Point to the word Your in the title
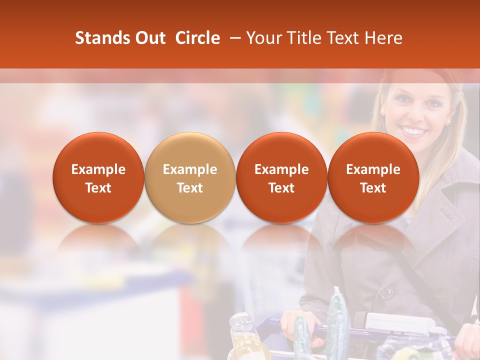point(263,38)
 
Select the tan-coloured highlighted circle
point(190,177)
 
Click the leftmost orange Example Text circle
point(98,177)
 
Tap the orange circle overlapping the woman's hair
point(373,177)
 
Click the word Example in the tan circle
point(190,169)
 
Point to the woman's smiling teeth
point(414,131)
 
